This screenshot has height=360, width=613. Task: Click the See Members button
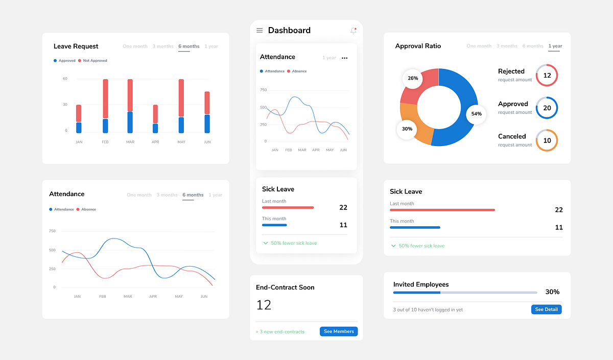point(339,331)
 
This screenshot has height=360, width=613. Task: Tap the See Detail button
point(546,309)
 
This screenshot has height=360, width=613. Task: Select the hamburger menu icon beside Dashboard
point(260,31)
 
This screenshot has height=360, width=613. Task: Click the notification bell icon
point(353,31)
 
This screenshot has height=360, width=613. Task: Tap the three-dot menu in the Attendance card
point(345,58)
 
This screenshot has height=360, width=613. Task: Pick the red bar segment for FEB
point(105,99)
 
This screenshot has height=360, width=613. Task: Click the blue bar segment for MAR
point(130,122)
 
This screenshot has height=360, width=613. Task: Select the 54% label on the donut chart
point(476,114)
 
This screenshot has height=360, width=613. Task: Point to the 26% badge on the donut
point(413,79)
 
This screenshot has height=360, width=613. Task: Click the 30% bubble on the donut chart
point(407,129)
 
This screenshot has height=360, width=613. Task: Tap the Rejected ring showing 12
point(547,75)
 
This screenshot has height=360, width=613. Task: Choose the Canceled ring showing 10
point(547,140)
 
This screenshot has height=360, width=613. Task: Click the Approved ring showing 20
point(547,108)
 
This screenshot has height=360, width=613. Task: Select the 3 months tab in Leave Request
point(163,46)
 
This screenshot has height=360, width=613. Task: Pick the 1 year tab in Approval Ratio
point(555,46)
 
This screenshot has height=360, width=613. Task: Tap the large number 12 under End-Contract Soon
point(264,305)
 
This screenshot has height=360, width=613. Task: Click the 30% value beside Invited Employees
point(552,292)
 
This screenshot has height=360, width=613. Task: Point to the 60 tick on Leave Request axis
point(65,79)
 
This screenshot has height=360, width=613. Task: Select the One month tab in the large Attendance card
point(139,195)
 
